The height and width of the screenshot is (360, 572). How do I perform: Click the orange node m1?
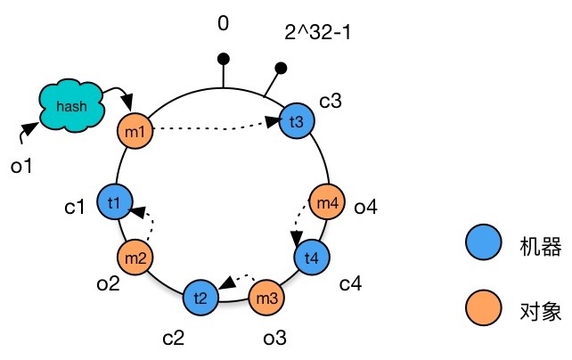click(135, 133)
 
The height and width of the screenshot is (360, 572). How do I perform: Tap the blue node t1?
click(113, 201)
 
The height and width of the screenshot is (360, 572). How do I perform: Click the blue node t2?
click(200, 297)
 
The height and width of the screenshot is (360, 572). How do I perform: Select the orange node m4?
click(326, 201)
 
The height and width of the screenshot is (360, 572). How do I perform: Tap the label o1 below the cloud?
click(20, 165)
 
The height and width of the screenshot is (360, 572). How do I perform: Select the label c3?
click(331, 99)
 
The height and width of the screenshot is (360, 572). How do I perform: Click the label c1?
click(74, 208)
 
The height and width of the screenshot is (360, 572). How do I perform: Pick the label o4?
click(366, 208)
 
